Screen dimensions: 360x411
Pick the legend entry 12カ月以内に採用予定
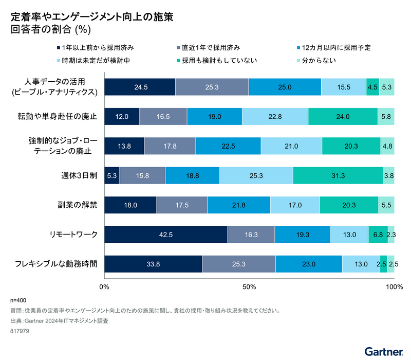coord(336,48)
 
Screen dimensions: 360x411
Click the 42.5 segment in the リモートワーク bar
coord(166,235)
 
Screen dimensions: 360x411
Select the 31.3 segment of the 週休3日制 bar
coord(338,175)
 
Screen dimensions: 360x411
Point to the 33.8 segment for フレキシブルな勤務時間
coord(153,264)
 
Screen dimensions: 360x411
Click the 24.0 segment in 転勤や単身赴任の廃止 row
coord(343,117)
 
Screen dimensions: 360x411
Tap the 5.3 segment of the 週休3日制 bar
coord(112,175)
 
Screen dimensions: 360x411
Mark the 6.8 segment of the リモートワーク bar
coord(378,235)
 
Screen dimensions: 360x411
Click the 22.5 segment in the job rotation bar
coord(228,146)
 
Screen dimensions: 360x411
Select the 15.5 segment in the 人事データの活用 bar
coord(344,87)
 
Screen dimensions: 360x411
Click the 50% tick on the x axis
coord(249,286)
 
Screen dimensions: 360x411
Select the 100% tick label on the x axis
coord(393,286)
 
